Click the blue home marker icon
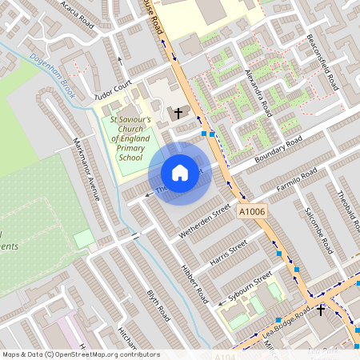pyautogui.click(x=180, y=173)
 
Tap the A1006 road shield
pyautogui.click(x=251, y=211)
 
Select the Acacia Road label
pyautogui.click(x=77, y=14)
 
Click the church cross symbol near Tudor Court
pyautogui.click(x=178, y=113)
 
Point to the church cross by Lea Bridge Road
pyautogui.click(x=321, y=310)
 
